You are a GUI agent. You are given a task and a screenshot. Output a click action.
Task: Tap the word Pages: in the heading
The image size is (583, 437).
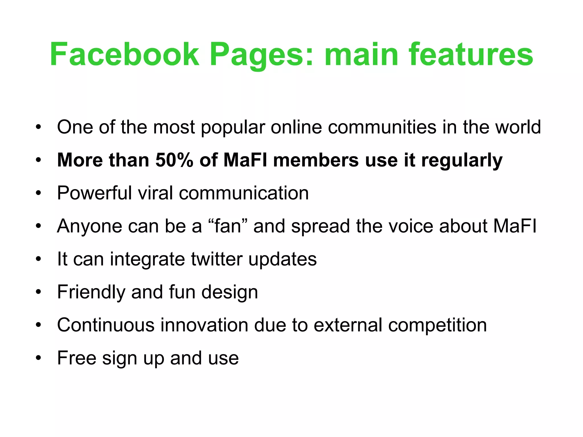[262, 55]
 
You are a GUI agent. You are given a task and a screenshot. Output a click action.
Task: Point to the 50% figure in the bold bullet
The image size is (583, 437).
[174, 160]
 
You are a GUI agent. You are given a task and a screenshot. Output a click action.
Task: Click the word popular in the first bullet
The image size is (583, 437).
[233, 127]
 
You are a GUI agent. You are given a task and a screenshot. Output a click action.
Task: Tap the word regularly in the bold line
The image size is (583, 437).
[462, 160]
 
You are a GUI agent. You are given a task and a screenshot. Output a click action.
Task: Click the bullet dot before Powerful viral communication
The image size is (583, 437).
[38, 193]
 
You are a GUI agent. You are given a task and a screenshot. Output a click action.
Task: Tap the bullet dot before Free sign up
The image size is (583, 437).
[38, 358]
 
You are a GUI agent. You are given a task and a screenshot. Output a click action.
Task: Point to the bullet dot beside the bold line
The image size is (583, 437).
[38, 160]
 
